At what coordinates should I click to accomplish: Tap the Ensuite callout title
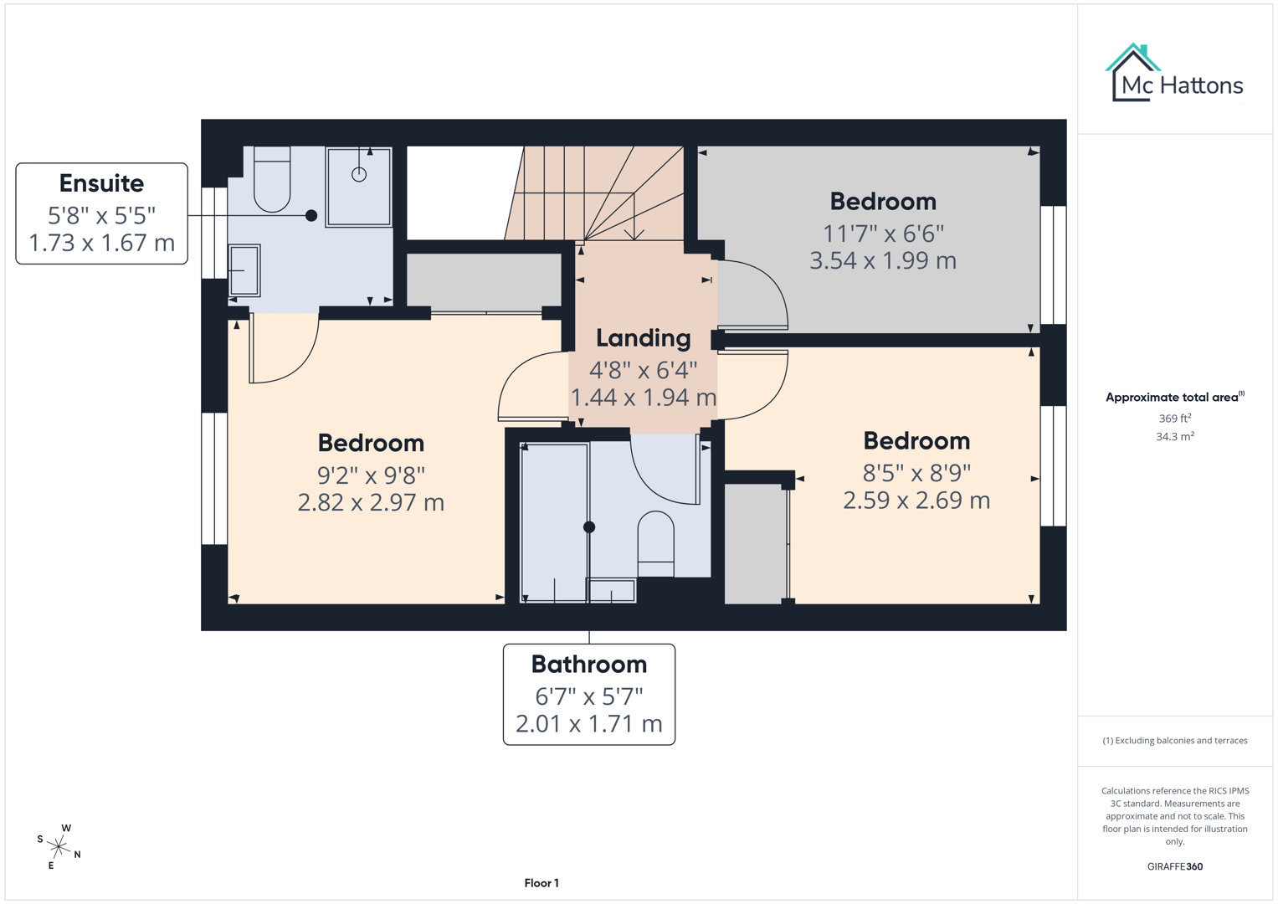point(101,183)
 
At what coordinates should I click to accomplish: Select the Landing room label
point(643,338)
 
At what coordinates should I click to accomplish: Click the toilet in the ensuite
point(271,180)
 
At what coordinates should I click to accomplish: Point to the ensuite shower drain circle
point(359,174)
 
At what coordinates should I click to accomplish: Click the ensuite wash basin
point(244,270)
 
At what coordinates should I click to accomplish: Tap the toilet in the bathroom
point(655,542)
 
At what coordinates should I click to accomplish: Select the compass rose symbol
point(59,846)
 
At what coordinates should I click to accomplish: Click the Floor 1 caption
point(541,883)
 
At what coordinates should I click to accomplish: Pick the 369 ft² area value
point(1174,418)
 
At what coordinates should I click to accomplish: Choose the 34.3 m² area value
point(1174,436)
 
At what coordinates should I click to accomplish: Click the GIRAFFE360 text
point(1174,866)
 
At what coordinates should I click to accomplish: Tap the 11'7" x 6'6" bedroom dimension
point(882,233)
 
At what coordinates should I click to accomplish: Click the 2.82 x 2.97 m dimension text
point(371,502)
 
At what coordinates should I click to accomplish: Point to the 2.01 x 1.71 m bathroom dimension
point(588,723)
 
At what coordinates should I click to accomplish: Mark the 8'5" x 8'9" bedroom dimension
point(916,473)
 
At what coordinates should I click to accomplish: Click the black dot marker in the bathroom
point(589,526)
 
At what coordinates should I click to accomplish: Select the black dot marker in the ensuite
point(311,215)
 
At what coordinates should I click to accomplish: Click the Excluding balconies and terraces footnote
point(1174,740)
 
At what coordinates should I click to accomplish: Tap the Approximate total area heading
point(1173,397)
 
